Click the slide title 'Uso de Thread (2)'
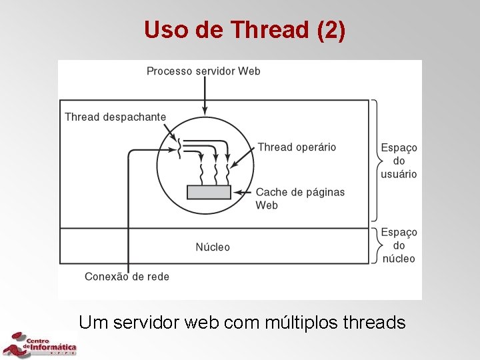pyautogui.click(x=245, y=30)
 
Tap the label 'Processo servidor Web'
pyautogui.click(x=203, y=71)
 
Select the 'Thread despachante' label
pyautogui.click(x=115, y=117)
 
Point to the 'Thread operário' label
pyautogui.click(x=297, y=147)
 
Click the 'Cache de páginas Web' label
pyautogui.click(x=300, y=198)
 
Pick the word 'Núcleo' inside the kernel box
pyautogui.click(x=213, y=247)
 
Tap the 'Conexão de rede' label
pyautogui.click(x=127, y=276)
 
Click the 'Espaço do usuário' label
pyautogui.click(x=399, y=161)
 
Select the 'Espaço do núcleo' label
pyautogui.click(x=399, y=245)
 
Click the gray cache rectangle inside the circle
pyautogui.click(x=209, y=192)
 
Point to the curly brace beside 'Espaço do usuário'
pyautogui.click(x=375, y=160)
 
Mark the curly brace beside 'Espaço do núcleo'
pyautogui.click(x=375, y=245)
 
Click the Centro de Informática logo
pyautogui.click(x=40, y=344)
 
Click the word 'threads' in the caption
pyautogui.click(x=373, y=323)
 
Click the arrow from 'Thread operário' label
pyautogui.click(x=242, y=157)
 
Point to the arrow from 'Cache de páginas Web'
pyautogui.click(x=243, y=192)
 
